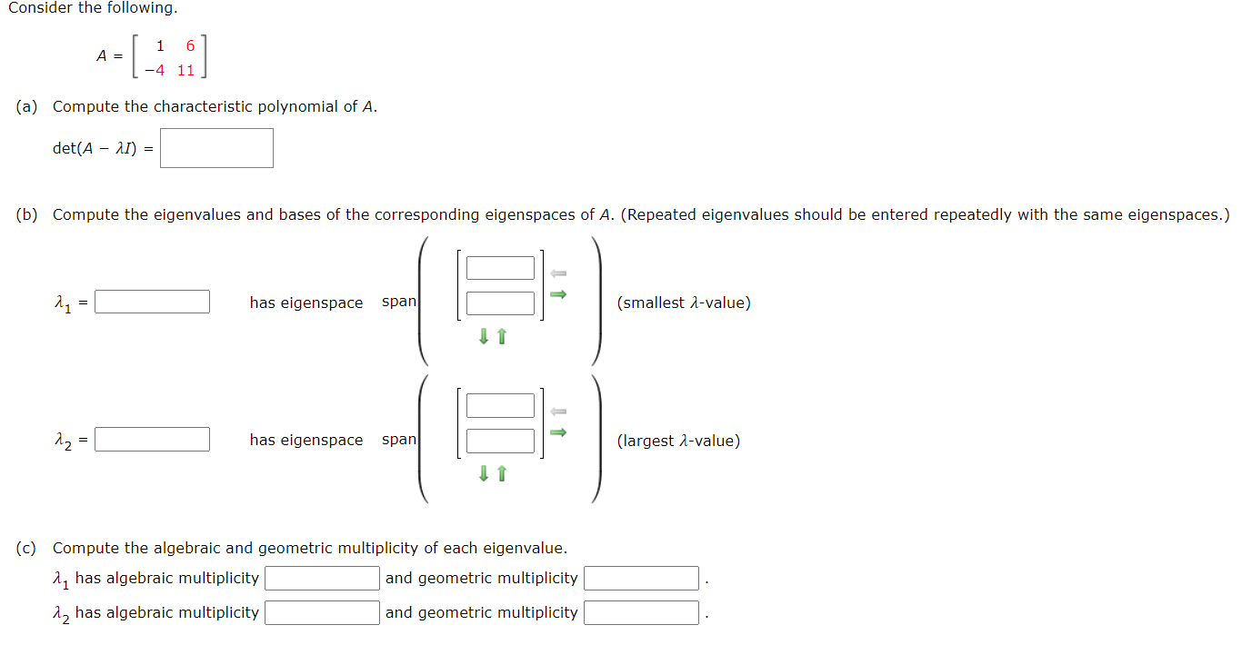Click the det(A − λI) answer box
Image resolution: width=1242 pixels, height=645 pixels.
[x=216, y=148]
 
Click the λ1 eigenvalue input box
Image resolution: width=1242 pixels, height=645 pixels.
[x=153, y=302]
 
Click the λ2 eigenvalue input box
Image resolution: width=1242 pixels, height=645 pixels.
[x=153, y=440]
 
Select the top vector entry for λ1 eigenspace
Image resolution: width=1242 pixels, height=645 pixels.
[x=500, y=268]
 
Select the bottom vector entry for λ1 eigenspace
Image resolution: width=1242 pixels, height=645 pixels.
[x=500, y=303]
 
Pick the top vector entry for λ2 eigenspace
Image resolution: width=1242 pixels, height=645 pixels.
[x=500, y=405]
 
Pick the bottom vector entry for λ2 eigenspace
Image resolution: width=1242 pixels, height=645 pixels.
[x=500, y=441]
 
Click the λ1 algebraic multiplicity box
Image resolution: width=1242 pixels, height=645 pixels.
[x=322, y=578]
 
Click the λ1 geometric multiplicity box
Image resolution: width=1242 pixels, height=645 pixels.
[x=641, y=578]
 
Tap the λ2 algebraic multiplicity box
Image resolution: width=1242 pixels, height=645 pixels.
[x=322, y=612]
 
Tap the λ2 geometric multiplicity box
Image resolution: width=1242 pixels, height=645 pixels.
[x=641, y=612]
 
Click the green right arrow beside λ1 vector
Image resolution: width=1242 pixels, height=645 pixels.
[x=559, y=293]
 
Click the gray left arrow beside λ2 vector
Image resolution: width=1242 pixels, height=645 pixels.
[x=559, y=411]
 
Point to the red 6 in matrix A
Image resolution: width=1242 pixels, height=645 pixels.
[x=190, y=46]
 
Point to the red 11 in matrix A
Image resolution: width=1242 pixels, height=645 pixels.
[x=185, y=70]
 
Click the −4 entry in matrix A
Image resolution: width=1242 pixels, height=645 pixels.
[x=155, y=70]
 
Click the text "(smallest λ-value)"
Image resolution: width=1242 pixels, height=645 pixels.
[x=684, y=303]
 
